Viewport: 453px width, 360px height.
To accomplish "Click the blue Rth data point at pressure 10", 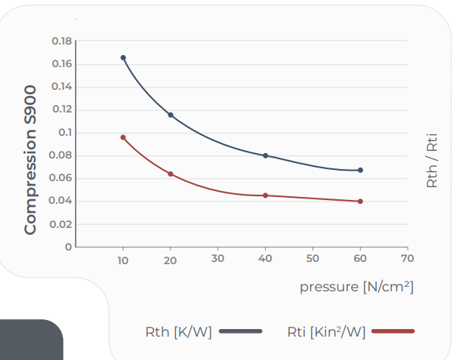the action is [123, 58].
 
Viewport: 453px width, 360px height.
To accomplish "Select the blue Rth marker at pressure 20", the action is [171, 115].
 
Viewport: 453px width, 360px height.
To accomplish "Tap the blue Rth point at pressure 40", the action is [266, 155].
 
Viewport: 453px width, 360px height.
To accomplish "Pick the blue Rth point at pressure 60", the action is [360, 170].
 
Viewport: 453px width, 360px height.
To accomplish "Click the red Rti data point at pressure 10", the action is [123, 137].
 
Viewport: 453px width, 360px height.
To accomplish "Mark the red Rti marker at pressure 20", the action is [171, 174].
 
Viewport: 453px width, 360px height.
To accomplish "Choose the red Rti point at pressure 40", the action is [266, 195].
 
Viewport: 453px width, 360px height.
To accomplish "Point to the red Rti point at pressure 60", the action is [360, 202].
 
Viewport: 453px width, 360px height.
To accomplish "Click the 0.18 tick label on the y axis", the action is [62, 41].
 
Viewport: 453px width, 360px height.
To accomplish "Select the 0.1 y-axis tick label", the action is [65, 133].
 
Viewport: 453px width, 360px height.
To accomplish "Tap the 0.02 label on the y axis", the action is [60, 224].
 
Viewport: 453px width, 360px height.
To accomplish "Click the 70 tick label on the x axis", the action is [408, 258].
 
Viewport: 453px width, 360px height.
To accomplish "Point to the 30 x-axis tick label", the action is [217, 258].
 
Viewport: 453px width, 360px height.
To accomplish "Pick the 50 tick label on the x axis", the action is [313, 258].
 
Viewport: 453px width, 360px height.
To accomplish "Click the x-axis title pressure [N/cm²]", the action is [357, 287].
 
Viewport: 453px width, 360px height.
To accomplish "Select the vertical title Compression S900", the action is [30, 160].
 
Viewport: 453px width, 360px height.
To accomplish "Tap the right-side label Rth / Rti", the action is [432, 161].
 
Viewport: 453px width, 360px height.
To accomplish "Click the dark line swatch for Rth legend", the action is [241, 331].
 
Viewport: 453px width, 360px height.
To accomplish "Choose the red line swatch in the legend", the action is [393, 331].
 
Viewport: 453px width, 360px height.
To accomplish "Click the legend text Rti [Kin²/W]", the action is [326, 332].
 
